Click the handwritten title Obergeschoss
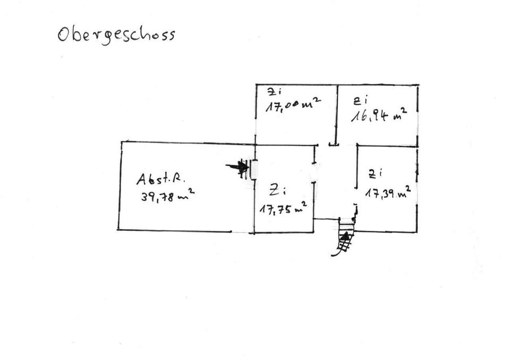(116, 35)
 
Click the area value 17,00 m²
(293, 105)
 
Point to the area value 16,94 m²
(379, 114)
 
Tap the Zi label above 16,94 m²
(361, 99)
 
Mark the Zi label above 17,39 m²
(376, 173)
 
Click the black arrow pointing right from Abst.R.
(237, 168)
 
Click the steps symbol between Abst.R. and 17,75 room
(250, 169)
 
